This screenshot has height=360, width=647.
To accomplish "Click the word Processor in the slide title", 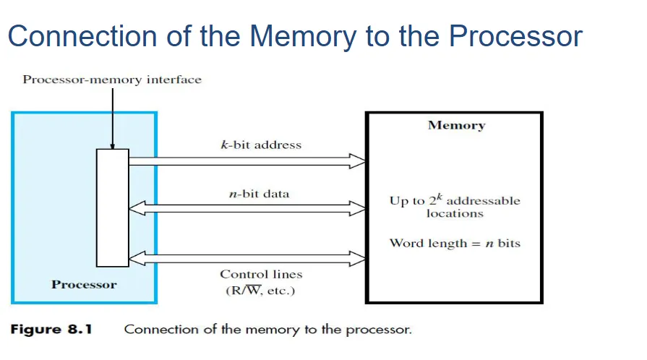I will [515, 36].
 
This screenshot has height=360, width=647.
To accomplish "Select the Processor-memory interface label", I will [112, 80].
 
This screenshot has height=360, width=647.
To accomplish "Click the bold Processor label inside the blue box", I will [84, 284].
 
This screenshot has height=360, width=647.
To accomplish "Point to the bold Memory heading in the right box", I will [456, 125].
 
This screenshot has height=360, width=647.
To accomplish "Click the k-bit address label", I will [261, 145].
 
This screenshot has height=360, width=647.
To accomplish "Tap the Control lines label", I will [261, 275].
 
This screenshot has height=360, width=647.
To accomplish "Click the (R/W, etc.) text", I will [261, 291].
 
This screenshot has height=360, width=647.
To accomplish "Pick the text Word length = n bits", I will [455, 243].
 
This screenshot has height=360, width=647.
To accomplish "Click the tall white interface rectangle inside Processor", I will [113, 207].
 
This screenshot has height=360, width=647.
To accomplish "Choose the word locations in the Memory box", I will [455, 214].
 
